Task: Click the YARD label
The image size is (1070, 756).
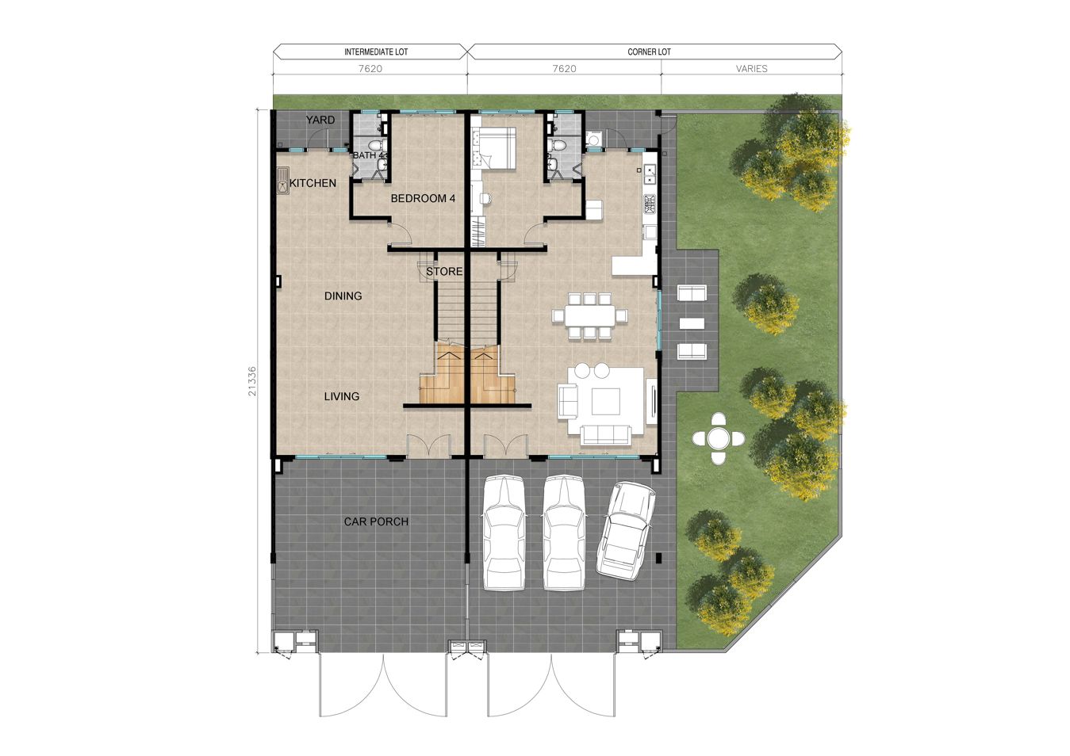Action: point(320,120)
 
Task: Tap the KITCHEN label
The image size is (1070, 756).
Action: point(313,183)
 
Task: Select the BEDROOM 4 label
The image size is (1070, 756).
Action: point(423,199)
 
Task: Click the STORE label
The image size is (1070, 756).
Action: point(444,272)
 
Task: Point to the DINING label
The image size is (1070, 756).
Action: point(343,296)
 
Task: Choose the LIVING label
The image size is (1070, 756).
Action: point(342,396)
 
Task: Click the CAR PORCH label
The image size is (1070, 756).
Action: point(376,521)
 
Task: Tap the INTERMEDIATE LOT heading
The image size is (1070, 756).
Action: point(376,52)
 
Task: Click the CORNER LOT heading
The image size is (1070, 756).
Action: point(649,52)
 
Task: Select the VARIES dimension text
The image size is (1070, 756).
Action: point(751,69)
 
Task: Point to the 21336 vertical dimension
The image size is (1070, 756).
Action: point(252,381)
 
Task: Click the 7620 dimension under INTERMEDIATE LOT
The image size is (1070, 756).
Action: point(370,69)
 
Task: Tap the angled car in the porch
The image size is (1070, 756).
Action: point(626,531)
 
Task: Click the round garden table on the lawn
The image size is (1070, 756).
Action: point(719,438)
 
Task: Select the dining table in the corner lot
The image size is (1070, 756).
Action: point(590,315)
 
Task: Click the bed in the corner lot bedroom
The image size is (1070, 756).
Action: point(497,148)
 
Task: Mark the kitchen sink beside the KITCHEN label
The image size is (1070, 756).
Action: point(282,181)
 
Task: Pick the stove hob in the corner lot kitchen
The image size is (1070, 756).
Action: point(650,204)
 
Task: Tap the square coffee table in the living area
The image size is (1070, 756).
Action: point(606,402)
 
